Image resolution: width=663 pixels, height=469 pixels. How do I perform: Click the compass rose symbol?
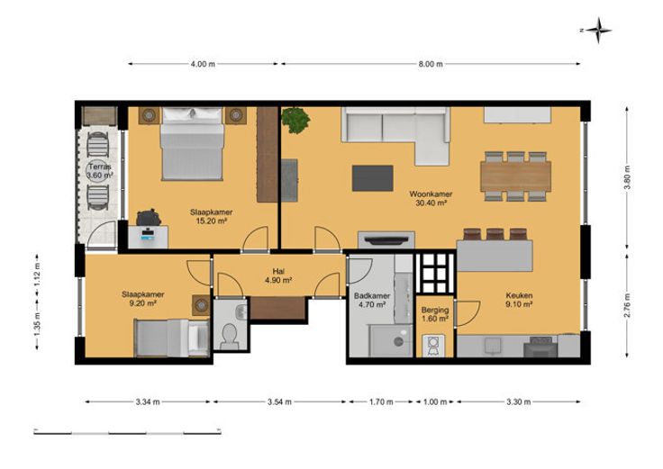[x=598, y=31]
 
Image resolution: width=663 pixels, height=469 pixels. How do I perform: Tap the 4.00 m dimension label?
[x=203, y=64]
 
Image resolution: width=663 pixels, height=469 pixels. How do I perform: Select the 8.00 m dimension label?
[x=431, y=64]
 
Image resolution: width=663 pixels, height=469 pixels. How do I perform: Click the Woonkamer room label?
[x=431, y=194]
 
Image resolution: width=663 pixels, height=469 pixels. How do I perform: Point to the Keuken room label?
[x=519, y=296]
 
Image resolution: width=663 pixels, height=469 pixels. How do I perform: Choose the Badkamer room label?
[x=372, y=296]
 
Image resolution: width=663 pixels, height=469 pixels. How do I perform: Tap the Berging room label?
[x=435, y=311]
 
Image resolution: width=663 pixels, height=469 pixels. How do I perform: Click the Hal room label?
[x=278, y=271]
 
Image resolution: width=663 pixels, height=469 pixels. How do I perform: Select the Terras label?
[x=100, y=167]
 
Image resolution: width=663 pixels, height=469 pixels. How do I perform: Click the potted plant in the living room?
[x=295, y=120]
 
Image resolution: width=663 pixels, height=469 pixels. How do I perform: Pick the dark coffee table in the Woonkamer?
[x=373, y=178]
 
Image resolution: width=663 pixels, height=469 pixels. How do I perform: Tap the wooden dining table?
[x=515, y=176]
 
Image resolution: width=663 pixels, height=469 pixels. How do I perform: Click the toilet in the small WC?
[x=230, y=336]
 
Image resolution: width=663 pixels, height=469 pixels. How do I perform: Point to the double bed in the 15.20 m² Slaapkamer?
[x=192, y=143]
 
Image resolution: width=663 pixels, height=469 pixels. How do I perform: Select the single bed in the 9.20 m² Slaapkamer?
[x=172, y=338]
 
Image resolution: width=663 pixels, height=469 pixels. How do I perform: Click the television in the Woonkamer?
[x=386, y=240]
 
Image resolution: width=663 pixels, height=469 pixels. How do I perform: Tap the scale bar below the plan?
[x=127, y=432]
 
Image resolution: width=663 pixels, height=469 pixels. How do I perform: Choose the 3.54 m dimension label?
[x=279, y=402]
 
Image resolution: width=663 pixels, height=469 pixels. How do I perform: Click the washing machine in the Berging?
[x=434, y=345]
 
